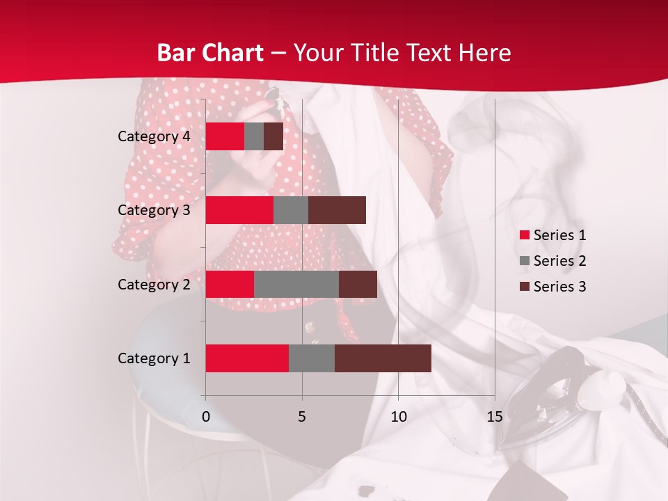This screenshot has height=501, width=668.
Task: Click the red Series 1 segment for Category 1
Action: coord(247,358)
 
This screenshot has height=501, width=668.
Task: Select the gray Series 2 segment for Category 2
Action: coord(296,284)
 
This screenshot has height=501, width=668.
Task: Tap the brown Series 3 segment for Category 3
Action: coord(337,210)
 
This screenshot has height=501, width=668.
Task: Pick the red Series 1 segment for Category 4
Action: coord(225,136)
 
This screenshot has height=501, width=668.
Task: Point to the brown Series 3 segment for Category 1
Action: coord(383,358)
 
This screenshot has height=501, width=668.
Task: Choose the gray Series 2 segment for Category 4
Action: coord(254,136)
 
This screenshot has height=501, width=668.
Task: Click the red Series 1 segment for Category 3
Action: coord(239,210)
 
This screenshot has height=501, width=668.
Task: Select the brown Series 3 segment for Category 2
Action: coord(358,284)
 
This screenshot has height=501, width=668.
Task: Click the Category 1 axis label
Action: coord(154,358)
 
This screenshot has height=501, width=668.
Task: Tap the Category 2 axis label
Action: coord(154,284)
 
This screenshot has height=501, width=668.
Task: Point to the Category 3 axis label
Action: coord(154,210)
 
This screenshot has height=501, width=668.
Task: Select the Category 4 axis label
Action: coord(154,136)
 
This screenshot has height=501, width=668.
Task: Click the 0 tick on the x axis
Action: coord(206,417)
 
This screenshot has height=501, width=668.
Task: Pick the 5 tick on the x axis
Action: coord(302,417)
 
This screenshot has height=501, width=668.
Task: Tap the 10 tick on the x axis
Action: coord(398,417)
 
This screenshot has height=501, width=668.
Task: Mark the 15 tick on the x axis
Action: coord(494,417)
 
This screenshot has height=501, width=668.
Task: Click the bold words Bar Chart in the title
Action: coord(209,53)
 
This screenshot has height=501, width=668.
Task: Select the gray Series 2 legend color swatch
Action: coord(524,261)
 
